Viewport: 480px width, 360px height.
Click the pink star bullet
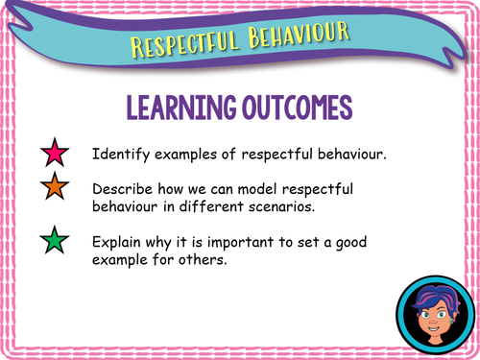pyautogui.click(x=54, y=154)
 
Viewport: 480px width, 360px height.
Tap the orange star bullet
pyautogui.click(x=54, y=190)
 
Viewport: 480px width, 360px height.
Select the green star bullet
pyautogui.click(x=54, y=240)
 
